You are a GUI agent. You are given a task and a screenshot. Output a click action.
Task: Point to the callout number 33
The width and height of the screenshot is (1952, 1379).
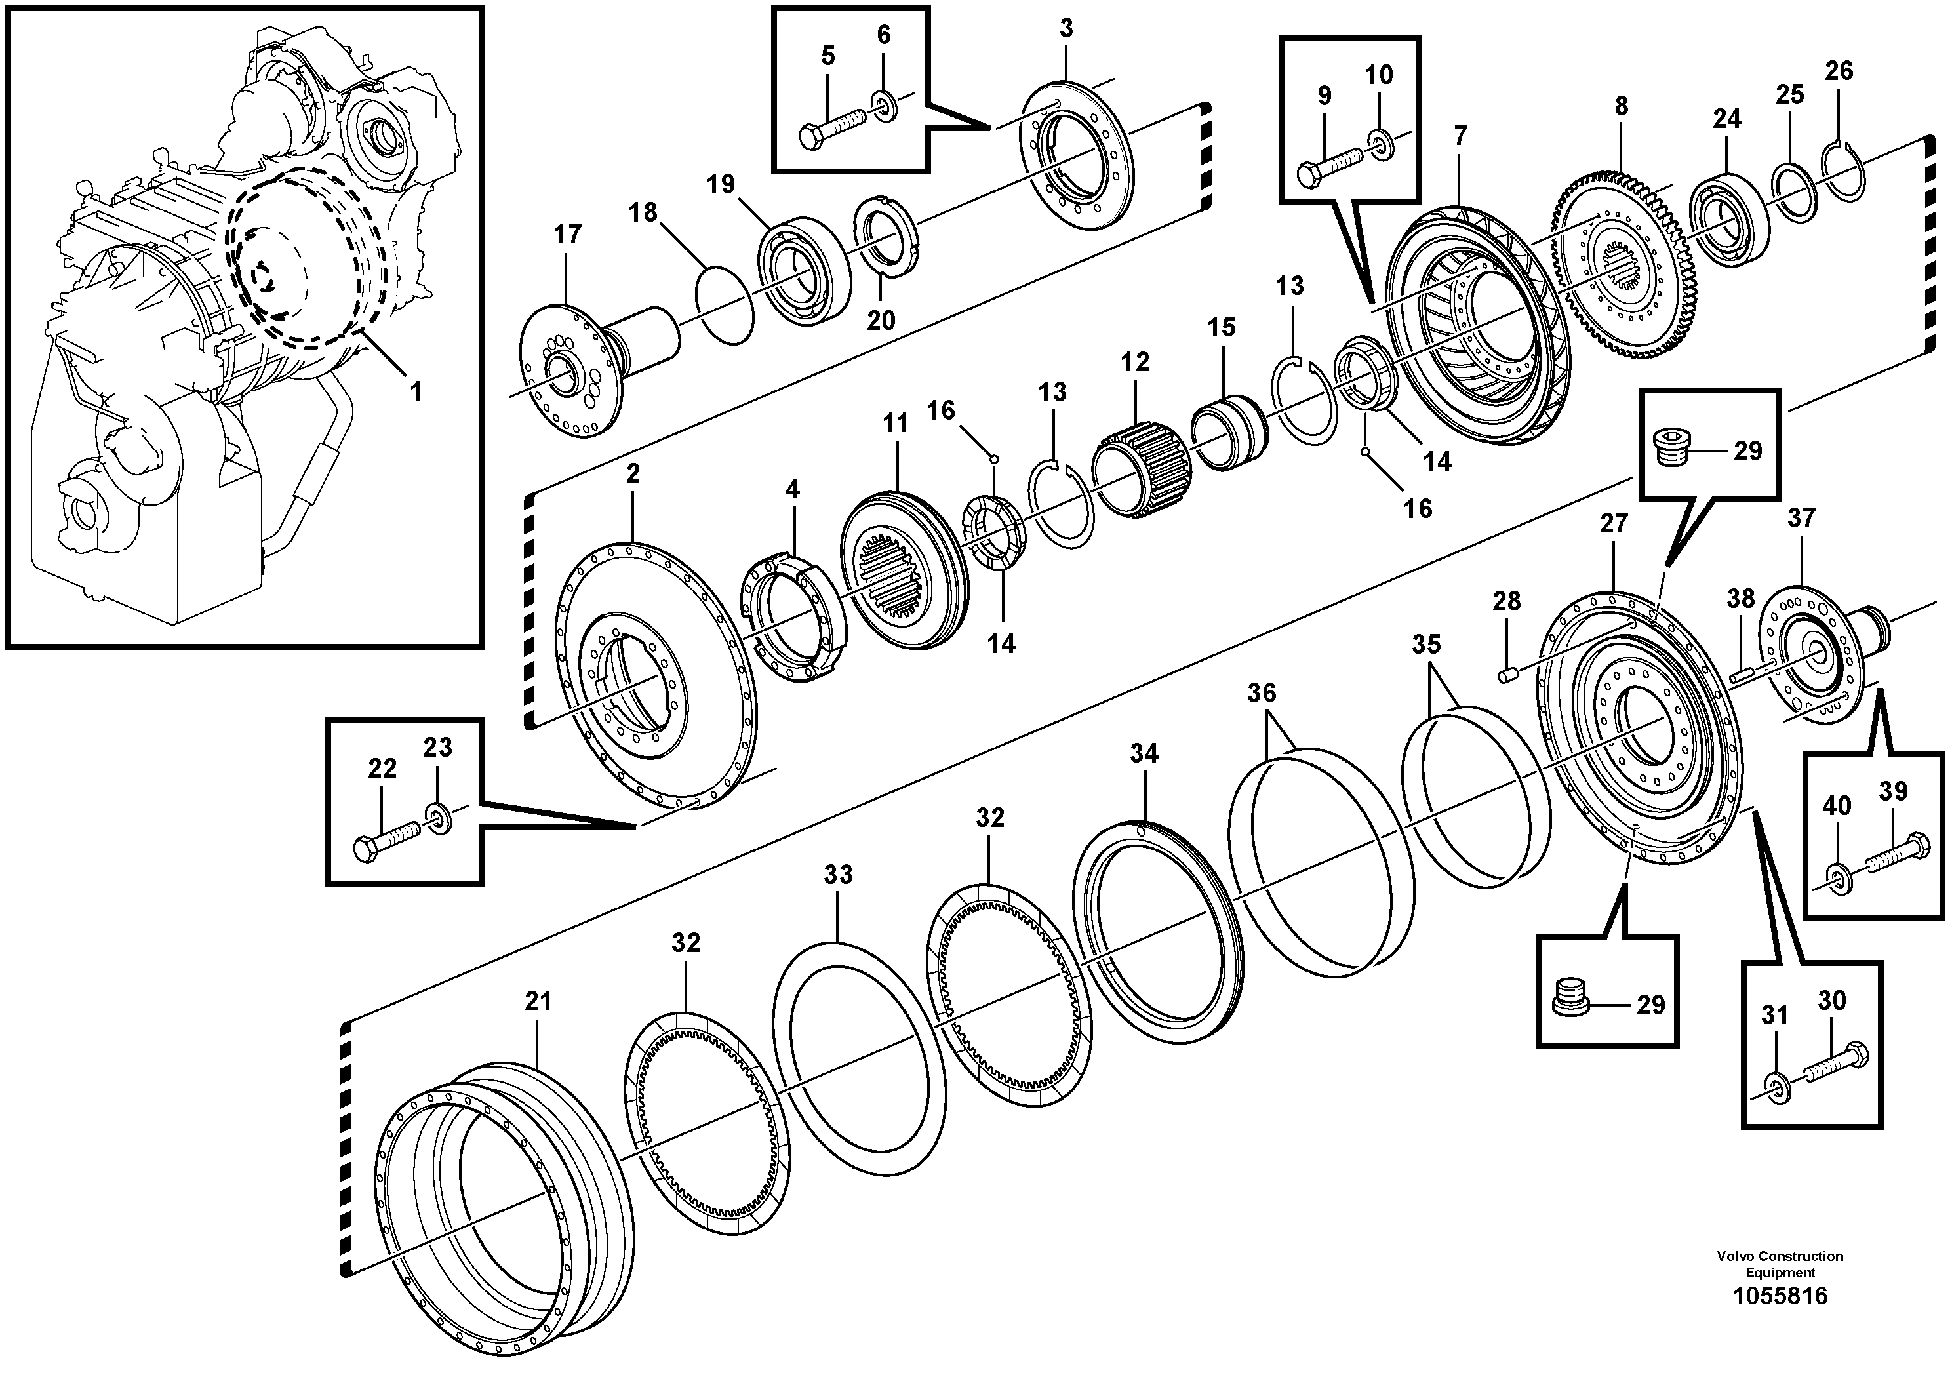[x=837, y=875]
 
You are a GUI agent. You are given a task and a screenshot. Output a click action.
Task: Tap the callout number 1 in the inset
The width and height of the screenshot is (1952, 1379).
[x=416, y=392]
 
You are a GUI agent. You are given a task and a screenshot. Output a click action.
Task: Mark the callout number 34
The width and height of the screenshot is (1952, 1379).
[x=1144, y=753]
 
